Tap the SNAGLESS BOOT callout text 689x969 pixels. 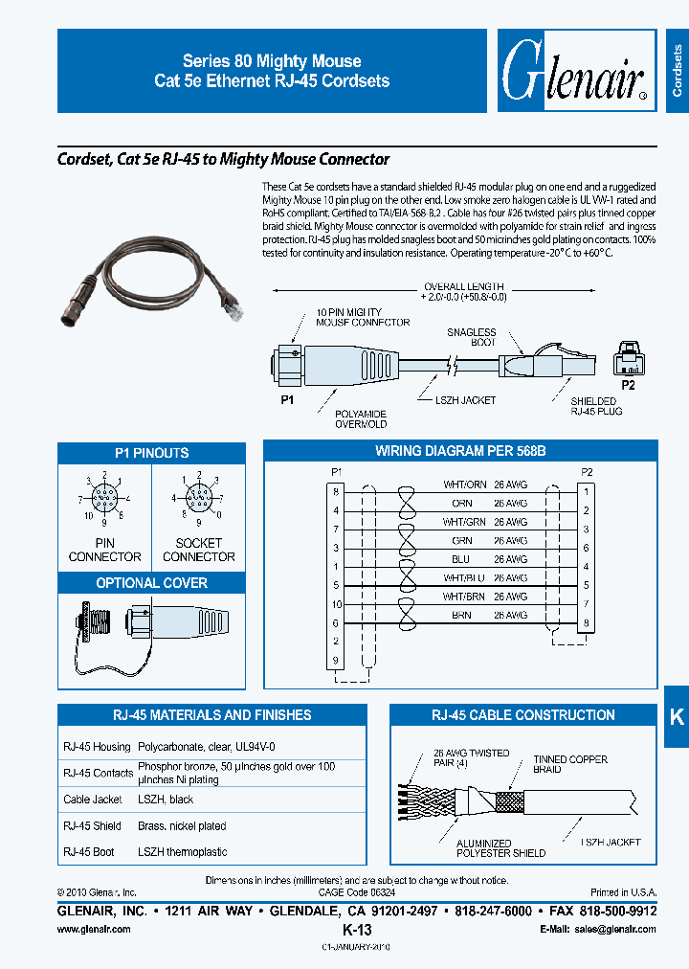pos(472,337)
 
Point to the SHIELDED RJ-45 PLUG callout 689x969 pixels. pos(594,407)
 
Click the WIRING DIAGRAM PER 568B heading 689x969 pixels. pos(460,451)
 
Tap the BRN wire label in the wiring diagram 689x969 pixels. pos(462,616)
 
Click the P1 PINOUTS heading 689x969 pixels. pos(151,453)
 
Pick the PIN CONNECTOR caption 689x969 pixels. pos(105,550)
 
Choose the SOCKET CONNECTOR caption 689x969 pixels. pos(199,550)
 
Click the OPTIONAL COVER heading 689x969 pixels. pos(151,583)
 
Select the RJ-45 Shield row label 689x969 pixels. pos(92,825)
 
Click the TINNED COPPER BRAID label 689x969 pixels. pos(570,764)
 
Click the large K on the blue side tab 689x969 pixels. pos(676,716)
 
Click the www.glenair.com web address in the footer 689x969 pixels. pos(93,929)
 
